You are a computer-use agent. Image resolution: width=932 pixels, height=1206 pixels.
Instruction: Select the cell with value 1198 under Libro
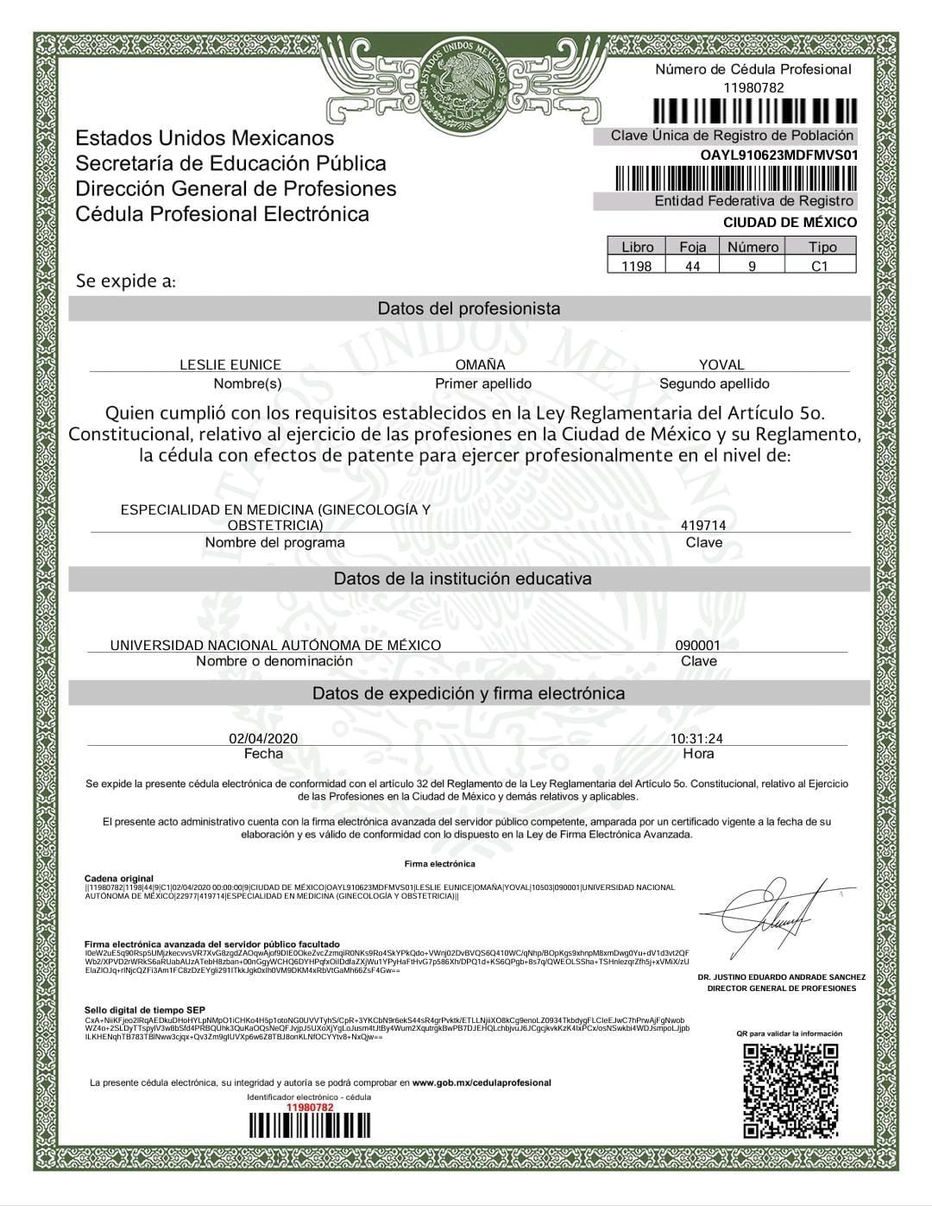click(x=637, y=266)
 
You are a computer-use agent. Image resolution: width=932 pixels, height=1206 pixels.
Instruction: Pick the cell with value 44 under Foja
click(x=693, y=266)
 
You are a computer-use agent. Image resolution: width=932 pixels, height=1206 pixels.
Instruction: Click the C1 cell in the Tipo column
click(x=820, y=266)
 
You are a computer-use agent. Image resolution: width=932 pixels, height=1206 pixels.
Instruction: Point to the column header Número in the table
click(x=753, y=247)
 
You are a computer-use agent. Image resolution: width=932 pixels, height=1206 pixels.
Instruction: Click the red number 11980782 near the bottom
click(x=309, y=1107)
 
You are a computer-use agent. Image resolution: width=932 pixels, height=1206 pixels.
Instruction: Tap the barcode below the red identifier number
click(x=309, y=1126)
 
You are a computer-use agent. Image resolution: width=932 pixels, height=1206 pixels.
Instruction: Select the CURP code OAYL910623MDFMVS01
click(x=779, y=155)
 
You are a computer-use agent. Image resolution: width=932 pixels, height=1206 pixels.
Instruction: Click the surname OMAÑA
click(x=481, y=364)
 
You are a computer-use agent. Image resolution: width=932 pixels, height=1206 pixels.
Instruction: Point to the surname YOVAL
click(x=721, y=364)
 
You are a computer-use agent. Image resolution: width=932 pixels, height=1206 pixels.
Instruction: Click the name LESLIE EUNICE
click(x=230, y=364)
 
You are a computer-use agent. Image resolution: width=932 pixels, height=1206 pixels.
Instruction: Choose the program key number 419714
click(x=703, y=525)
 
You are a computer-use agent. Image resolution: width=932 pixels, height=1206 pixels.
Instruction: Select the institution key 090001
click(x=697, y=645)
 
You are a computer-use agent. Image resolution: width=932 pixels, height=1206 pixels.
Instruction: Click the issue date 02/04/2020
click(x=263, y=738)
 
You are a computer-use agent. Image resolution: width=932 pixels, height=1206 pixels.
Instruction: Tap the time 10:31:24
click(x=697, y=738)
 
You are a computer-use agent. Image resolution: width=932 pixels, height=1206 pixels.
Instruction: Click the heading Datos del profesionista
click(x=469, y=308)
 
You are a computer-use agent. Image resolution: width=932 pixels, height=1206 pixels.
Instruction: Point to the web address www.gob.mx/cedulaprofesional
click(x=482, y=1083)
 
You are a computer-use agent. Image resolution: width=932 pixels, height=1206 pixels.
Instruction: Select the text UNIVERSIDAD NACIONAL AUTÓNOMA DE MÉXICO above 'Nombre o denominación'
click(x=275, y=645)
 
